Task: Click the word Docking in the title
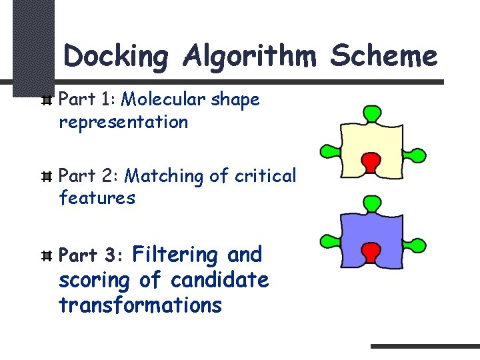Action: (x=117, y=56)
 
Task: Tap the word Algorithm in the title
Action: (x=250, y=56)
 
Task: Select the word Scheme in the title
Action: (x=385, y=56)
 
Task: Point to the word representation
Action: (x=123, y=123)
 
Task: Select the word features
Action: (x=97, y=198)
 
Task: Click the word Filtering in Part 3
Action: (x=176, y=254)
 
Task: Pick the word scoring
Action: (x=95, y=280)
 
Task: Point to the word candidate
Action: (x=219, y=280)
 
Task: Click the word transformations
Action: (x=140, y=305)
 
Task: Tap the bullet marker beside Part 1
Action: (x=46, y=101)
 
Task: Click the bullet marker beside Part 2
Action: (x=46, y=177)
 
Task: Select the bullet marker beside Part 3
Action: (x=46, y=256)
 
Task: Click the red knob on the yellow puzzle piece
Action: (x=370, y=160)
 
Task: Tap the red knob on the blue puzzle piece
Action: (x=370, y=251)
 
